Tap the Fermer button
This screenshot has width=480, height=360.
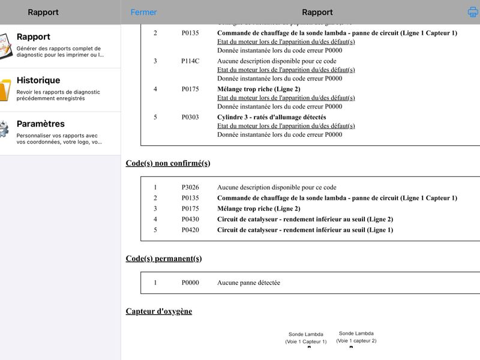(143, 12)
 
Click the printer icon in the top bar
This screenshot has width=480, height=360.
(473, 12)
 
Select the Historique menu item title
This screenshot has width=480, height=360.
(38, 80)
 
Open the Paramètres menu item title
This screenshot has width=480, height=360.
(41, 124)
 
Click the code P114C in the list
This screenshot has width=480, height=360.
(190, 61)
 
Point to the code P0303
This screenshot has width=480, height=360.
(190, 117)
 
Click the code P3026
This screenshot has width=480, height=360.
(190, 187)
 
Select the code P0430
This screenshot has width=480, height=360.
(190, 219)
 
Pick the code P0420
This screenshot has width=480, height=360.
(190, 230)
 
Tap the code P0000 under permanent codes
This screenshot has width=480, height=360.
(190, 283)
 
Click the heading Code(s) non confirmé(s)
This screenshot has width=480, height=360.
(168, 163)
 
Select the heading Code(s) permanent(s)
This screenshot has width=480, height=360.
(164, 259)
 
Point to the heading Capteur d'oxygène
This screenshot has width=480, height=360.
(159, 311)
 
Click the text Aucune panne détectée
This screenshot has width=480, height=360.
(248, 283)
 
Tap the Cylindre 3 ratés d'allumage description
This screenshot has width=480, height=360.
(271, 117)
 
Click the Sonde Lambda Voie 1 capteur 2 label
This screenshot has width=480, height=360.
(356, 337)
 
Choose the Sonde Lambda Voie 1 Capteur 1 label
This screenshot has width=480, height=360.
(306, 338)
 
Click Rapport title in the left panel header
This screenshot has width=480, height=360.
(43, 12)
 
